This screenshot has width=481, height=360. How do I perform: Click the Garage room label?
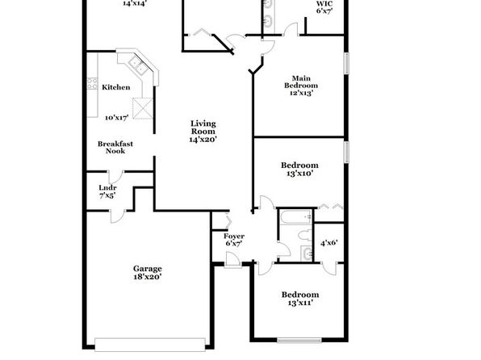[147, 269]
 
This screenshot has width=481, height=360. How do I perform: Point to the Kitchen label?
[116, 87]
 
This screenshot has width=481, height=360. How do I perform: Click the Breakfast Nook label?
[115, 147]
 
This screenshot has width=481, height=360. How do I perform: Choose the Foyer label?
[234, 236]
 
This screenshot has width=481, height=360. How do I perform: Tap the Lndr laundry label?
[107, 187]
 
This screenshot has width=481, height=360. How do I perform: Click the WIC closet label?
[324, 4]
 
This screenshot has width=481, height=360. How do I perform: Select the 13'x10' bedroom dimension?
[299, 174]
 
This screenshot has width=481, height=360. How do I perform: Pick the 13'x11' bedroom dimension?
[300, 303]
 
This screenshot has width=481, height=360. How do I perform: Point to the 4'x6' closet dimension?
[328, 243]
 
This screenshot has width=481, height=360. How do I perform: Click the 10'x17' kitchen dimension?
[116, 118]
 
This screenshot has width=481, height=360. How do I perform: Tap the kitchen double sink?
[137, 65]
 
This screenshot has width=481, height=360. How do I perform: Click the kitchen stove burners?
[92, 83]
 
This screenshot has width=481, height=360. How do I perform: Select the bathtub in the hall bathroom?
[295, 217]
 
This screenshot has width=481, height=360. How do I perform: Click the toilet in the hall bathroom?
[305, 236]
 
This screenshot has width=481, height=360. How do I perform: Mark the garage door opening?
[150, 345]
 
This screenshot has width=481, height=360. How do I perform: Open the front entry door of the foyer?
[232, 260]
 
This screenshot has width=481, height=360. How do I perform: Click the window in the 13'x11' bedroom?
[299, 340]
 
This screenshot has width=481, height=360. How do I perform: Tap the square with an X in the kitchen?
[143, 108]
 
